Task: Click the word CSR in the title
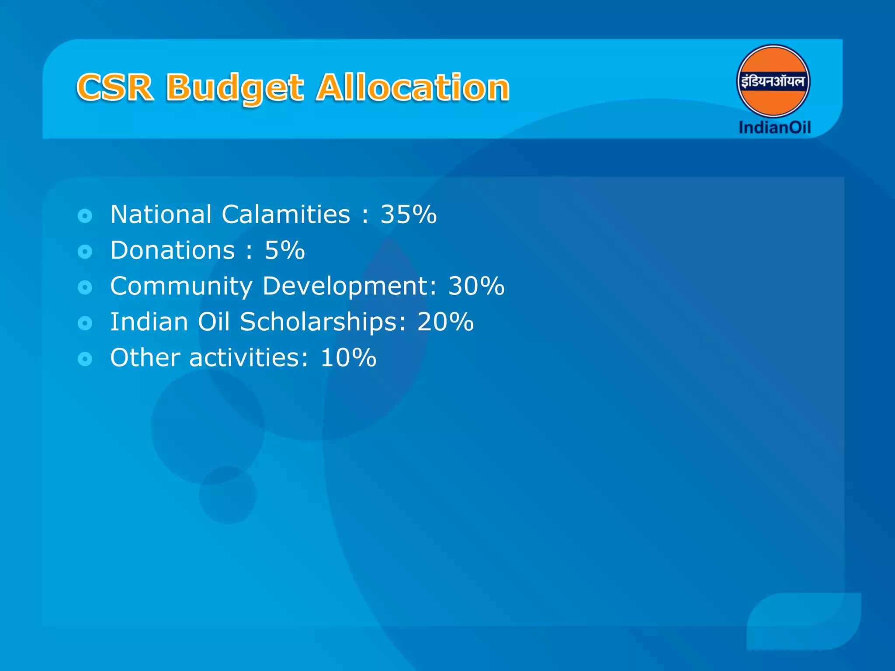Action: coord(115,87)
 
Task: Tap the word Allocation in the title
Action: coord(413,87)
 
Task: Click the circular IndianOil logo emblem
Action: coord(773,81)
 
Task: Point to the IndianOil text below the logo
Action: coord(774,128)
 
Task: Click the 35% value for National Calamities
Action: coord(408,214)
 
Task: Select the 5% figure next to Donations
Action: coord(284,250)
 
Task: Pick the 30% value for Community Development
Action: coord(476,286)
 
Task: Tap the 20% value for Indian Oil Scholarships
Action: coord(445,322)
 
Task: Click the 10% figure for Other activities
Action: coord(348,358)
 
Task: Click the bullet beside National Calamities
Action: coord(85,215)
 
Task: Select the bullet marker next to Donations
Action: coord(85,251)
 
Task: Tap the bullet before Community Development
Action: coord(85,287)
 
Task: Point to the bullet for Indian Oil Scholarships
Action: coord(85,323)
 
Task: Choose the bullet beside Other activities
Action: coord(85,359)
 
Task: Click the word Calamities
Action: coord(286,214)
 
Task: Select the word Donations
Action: coord(173,250)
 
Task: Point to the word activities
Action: coord(249,358)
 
